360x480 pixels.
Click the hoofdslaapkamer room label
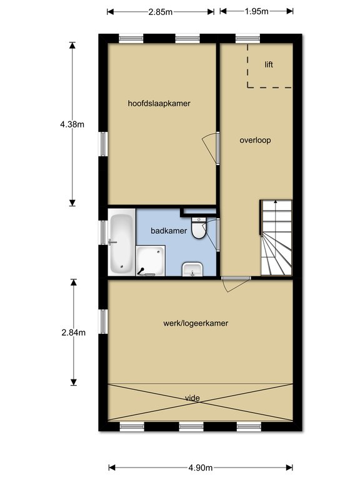[159, 104]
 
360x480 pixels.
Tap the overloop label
[255, 140]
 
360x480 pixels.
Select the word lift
[269, 64]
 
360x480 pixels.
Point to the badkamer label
[169, 231]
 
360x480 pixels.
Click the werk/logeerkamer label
[196, 323]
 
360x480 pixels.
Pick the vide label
[192, 398]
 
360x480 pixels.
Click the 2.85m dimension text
[161, 12]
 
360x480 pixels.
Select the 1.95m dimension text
[256, 11]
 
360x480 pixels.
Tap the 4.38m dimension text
[72, 124]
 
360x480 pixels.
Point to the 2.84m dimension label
[74, 332]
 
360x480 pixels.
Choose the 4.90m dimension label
[201, 467]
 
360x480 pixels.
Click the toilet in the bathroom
[199, 227]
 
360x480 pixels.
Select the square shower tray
[151, 261]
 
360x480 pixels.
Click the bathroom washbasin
[192, 269]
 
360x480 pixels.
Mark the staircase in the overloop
[276, 238]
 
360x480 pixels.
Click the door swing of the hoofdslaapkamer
[209, 149]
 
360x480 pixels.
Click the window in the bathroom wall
[104, 232]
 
